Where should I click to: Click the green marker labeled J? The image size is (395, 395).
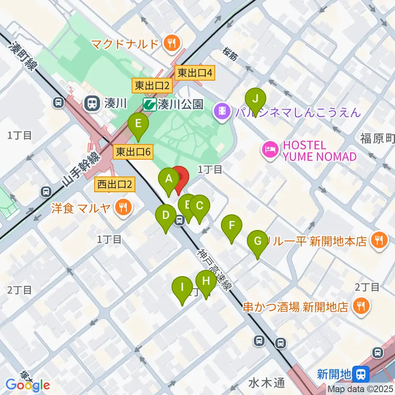pyautogui.click(x=256, y=100)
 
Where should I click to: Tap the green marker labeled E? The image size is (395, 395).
pyautogui.click(x=138, y=124)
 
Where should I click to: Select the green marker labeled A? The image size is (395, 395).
pyautogui.click(x=169, y=179)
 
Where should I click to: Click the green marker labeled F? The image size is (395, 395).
pyautogui.click(x=232, y=226)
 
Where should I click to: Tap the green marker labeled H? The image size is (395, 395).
pyautogui.click(x=206, y=281)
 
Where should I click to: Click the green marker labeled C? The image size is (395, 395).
pyautogui.click(x=200, y=206)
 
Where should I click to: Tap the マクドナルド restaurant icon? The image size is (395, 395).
pyautogui.click(x=170, y=43)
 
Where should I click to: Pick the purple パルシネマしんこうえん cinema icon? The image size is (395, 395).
pyautogui.click(x=222, y=112)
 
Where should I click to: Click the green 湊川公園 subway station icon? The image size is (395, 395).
pyautogui.click(x=149, y=105)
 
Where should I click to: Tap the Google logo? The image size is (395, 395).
pyautogui.click(x=28, y=385)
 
